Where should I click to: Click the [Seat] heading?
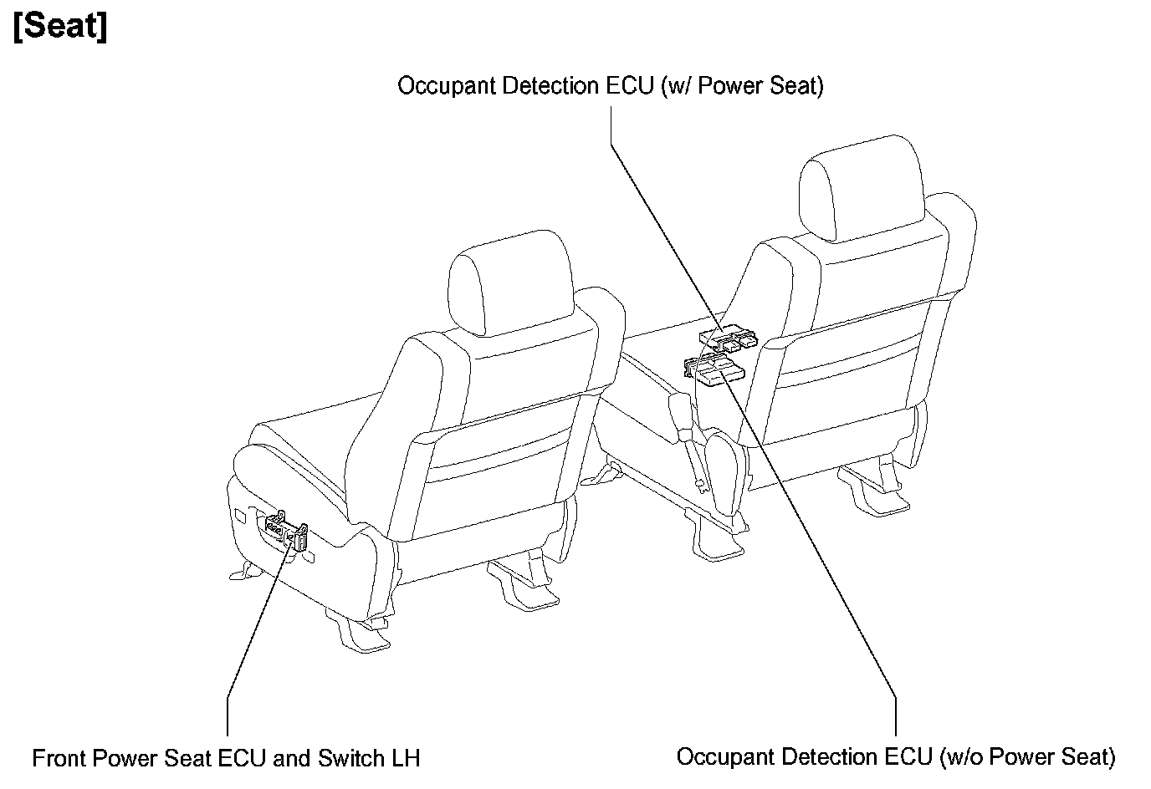click(x=60, y=28)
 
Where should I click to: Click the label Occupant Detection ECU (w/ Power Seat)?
click(x=610, y=86)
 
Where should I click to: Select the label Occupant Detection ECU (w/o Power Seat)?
click(x=895, y=757)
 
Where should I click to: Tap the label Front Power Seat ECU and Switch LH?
click(x=226, y=759)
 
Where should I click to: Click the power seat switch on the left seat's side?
click(x=284, y=531)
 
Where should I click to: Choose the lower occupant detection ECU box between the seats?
click(x=715, y=370)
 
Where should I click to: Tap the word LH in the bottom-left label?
click(x=406, y=759)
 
